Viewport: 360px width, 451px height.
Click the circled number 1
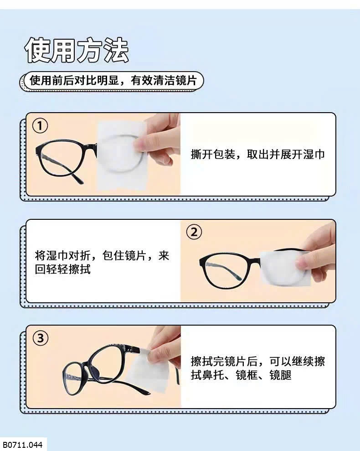click(40, 126)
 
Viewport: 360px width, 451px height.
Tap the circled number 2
click(194, 232)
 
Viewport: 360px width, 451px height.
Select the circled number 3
click(40, 338)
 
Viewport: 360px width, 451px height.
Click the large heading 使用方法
click(77, 50)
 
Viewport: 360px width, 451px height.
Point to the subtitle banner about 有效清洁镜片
click(113, 80)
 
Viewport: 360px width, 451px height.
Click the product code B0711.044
click(23, 445)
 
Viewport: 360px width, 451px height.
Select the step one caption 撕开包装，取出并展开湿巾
click(257, 155)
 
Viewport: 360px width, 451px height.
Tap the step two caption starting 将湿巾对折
click(102, 262)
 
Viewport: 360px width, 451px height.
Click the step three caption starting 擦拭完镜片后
click(257, 368)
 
